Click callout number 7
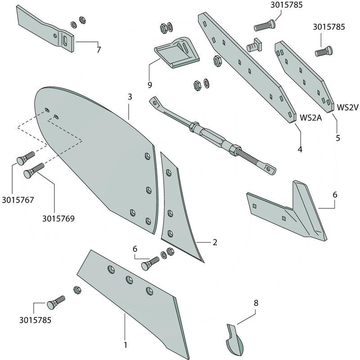pyautogui.click(x=99, y=50)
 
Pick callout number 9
pyautogui.click(x=149, y=85)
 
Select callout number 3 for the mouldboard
pyautogui.click(x=130, y=97)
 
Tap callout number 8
pyautogui.click(x=256, y=303)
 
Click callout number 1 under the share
pyautogui.click(x=126, y=345)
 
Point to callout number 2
pyautogui.click(x=215, y=243)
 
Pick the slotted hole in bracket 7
pyautogui.click(x=66, y=40)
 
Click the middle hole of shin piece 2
pyautogui.click(x=170, y=212)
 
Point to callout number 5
pyautogui.click(x=338, y=138)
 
